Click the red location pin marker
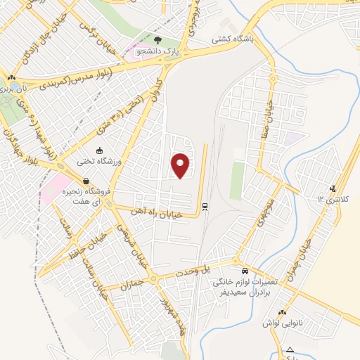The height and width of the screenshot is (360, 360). pos(181,165)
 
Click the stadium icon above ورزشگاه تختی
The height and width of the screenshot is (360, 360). pos(99,150)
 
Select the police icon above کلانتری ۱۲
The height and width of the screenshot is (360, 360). pos(333,188)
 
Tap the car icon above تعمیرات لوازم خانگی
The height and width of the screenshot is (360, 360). pos(244,271)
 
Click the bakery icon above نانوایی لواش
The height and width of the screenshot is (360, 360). pos(282,312)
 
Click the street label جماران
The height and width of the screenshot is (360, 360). pos(134,279)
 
